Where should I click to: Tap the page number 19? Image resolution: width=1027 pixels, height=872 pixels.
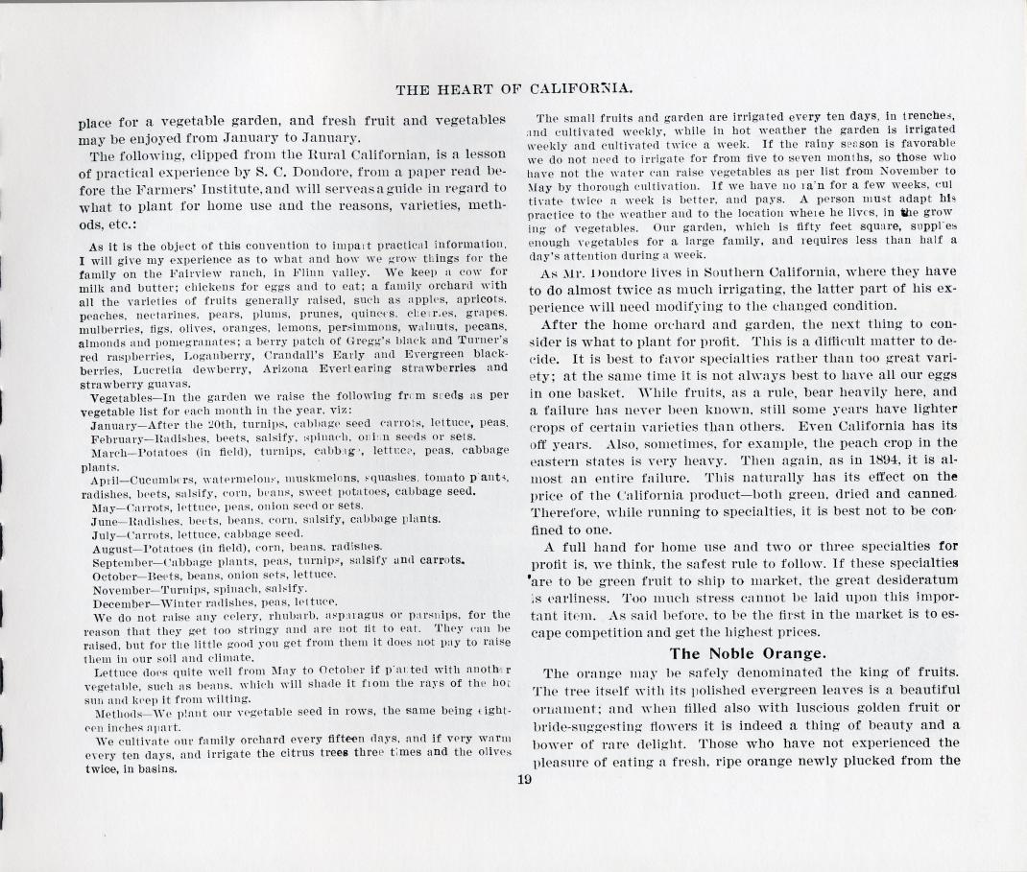(x=523, y=779)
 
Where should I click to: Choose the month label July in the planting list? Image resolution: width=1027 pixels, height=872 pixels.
(x=104, y=531)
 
